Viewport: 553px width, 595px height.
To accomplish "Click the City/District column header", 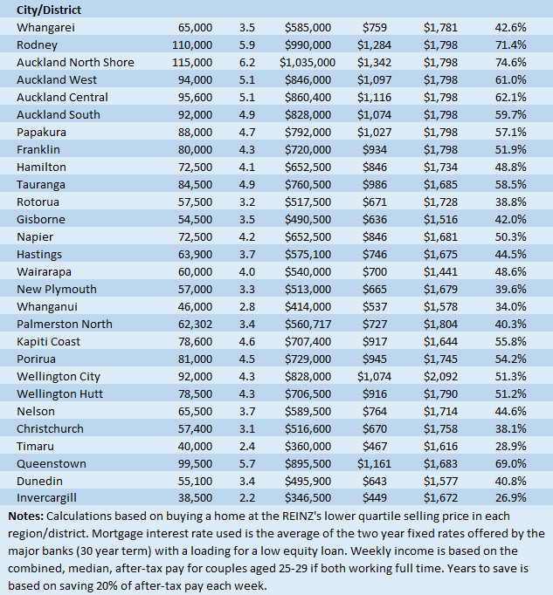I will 53,10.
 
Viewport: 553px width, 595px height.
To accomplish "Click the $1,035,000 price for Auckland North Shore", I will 308,62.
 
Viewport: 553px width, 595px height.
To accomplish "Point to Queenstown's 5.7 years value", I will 245,463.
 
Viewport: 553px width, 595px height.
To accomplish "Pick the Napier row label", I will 36,236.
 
